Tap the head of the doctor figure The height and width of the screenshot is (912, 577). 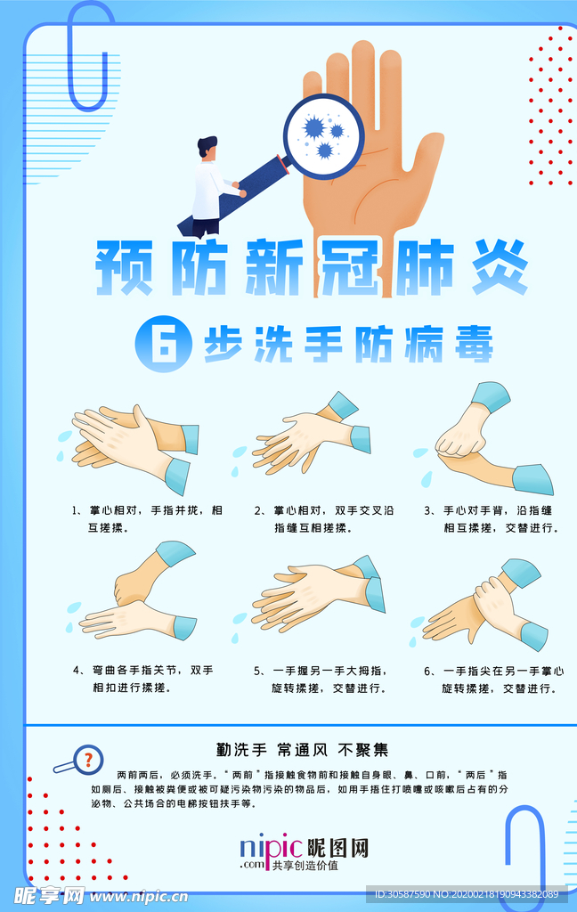pos(207,148)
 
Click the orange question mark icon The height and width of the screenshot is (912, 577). pos(88,760)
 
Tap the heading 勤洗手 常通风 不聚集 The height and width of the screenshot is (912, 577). pos(302,750)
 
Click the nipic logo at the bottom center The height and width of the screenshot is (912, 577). pos(305,852)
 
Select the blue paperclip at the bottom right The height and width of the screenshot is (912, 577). pos(526,856)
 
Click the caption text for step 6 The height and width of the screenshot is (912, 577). pos(494,680)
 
